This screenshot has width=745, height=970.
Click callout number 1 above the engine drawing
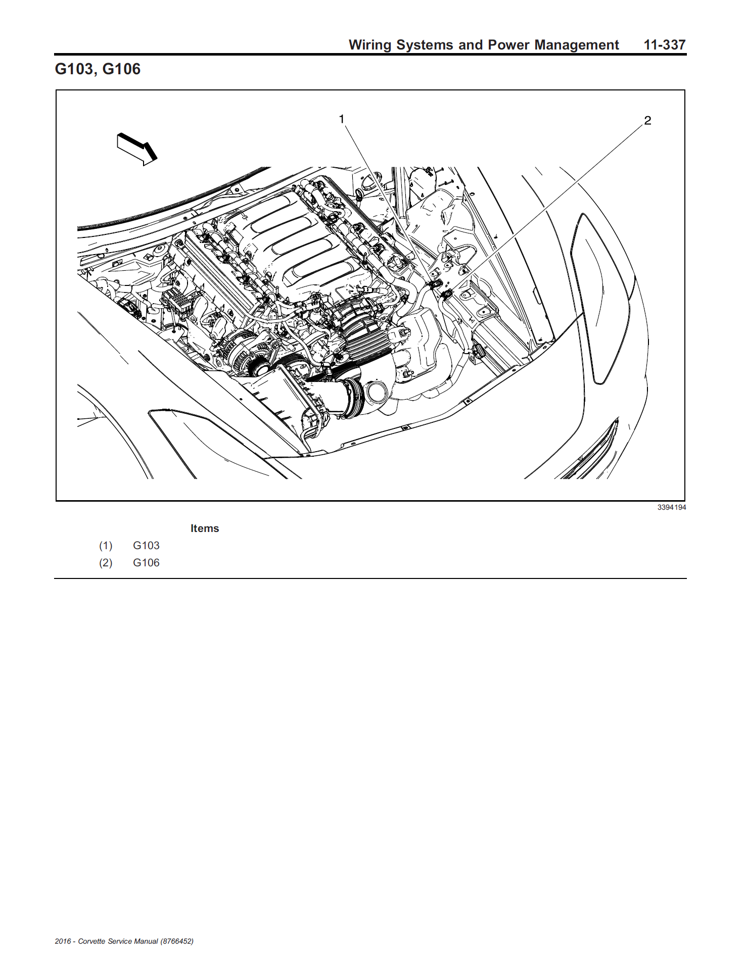coord(342,119)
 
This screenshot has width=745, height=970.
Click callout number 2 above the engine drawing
coord(647,121)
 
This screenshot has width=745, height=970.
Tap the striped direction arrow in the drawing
coord(137,149)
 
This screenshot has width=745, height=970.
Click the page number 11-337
coord(665,45)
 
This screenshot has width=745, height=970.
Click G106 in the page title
coord(121,69)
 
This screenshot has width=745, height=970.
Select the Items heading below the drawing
coord(205,528)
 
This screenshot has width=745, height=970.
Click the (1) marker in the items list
coord(106,546)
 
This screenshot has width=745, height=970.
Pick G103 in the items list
coord(146,546)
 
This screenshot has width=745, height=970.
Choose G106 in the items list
coord(146,563)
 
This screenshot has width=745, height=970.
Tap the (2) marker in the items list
coord(106,563)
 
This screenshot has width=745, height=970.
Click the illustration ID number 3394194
coord(672,507)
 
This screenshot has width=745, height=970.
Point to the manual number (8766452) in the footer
coord(177,941)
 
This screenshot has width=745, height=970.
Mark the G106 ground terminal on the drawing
coord(446,294)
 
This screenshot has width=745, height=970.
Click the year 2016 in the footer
coord(63,941)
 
